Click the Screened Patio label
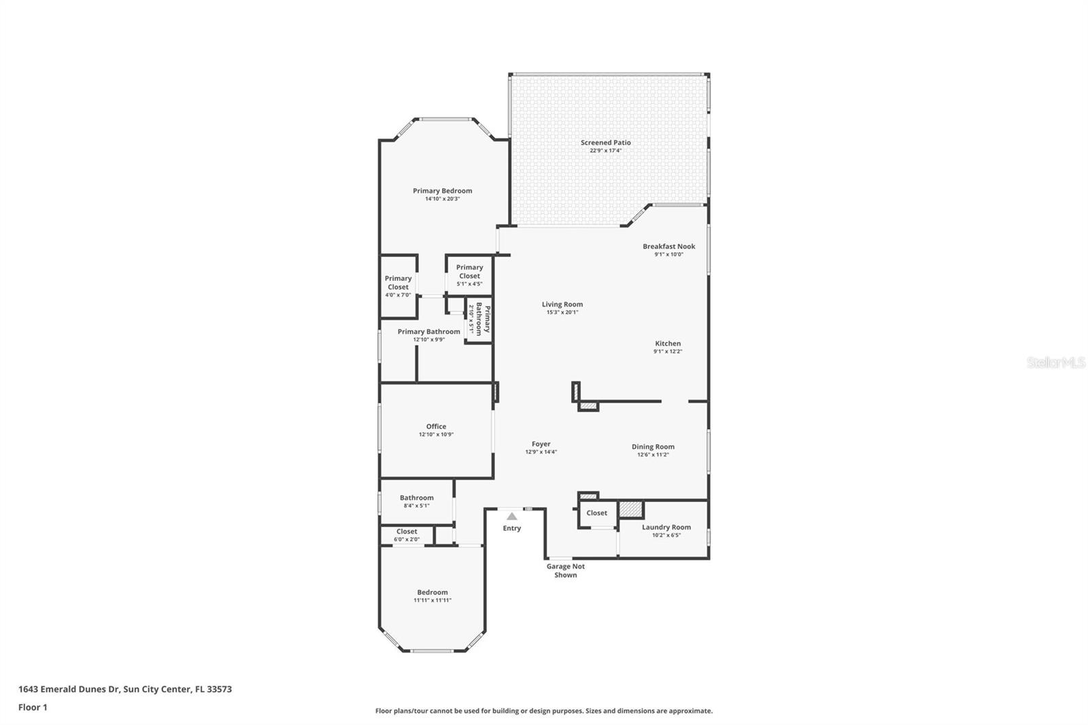click(x=605, y=143)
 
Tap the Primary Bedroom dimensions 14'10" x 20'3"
click(x=442, y=199)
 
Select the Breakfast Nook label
click(x=668, y=246)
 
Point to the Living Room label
click(x=562, y=305)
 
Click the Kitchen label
click(x=667, y=343)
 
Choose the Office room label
click(x=436, y=426)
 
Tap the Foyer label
click(x=541, y=444)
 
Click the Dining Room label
click(x=653, y=447)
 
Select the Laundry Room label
click(x=666, y=527)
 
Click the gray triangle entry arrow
click(x=511, y=516)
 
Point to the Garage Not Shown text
click(x=565, y=571)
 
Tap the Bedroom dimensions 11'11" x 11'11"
click(x=432, y=601)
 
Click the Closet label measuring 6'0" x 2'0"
click(x=407, y=531)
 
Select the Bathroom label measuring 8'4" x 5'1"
click(x=416, y=498)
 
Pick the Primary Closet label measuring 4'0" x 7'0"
click(x=398, y=282)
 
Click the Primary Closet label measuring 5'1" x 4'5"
click(x=469, y=271)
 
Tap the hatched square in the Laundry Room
click(x=630, y=509)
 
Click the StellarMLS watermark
click(x=1055, y=363)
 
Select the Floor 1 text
click(x=33, y=707)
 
